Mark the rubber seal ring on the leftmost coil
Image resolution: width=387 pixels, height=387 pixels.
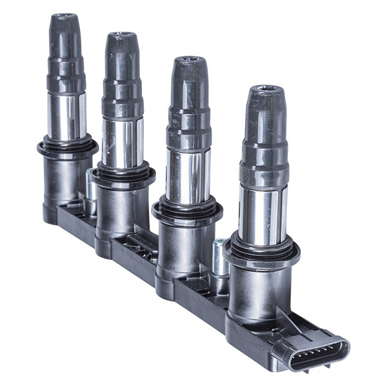[67, 146]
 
